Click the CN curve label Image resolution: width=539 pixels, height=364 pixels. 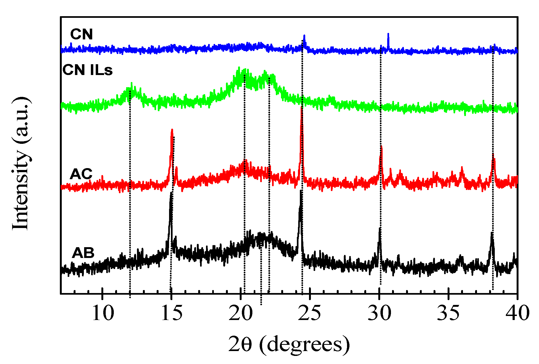click(x=81, y=34)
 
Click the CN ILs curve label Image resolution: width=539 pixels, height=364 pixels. click(x=87, y=70)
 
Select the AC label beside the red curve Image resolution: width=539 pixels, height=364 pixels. click(x=81, y=174)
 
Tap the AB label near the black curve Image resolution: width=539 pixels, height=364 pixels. click(x=83, y=253)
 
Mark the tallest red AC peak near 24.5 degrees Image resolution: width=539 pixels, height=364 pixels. click(x=301, y=108)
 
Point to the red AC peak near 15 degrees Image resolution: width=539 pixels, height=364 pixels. click(x=172, y=131)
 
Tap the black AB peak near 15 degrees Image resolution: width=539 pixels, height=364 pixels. click(x=171, y=193)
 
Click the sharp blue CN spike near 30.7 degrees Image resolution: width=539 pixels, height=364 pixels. click(x=388, y=34)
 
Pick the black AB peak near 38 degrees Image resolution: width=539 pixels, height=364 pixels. click(x=492, y=234)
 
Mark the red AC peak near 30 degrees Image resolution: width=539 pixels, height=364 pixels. click(x=381, y=147)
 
